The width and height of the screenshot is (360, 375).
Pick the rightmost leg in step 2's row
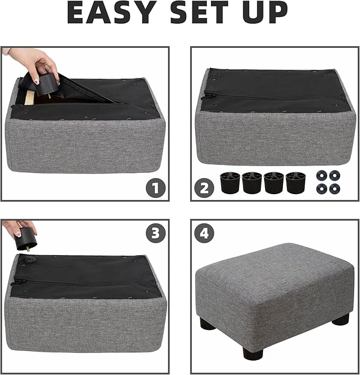pos(295,182)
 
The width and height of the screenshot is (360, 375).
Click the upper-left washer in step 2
pos(321,176)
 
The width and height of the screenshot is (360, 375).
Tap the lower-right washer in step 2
pos(334,188)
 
